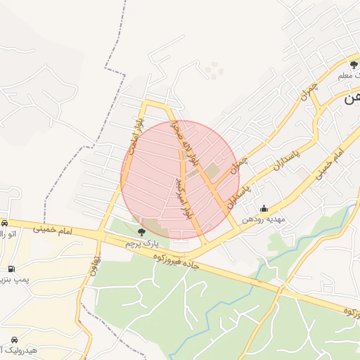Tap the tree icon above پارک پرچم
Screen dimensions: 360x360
tap(142, 231)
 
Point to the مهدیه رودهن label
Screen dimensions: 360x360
tap(264, 219)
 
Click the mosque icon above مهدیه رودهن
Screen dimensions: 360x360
tap(264, 208)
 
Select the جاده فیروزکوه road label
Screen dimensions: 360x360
tap(179, 262)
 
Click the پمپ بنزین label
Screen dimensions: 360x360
tap(13, 281)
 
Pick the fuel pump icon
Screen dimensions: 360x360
tap(11, 269)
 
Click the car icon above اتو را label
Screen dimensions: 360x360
tap(4, 222)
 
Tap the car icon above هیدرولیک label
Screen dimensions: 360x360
tap(14, 337)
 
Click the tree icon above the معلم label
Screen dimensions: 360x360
tap(353, 65)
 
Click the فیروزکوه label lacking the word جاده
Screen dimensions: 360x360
tap(347, 312)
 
